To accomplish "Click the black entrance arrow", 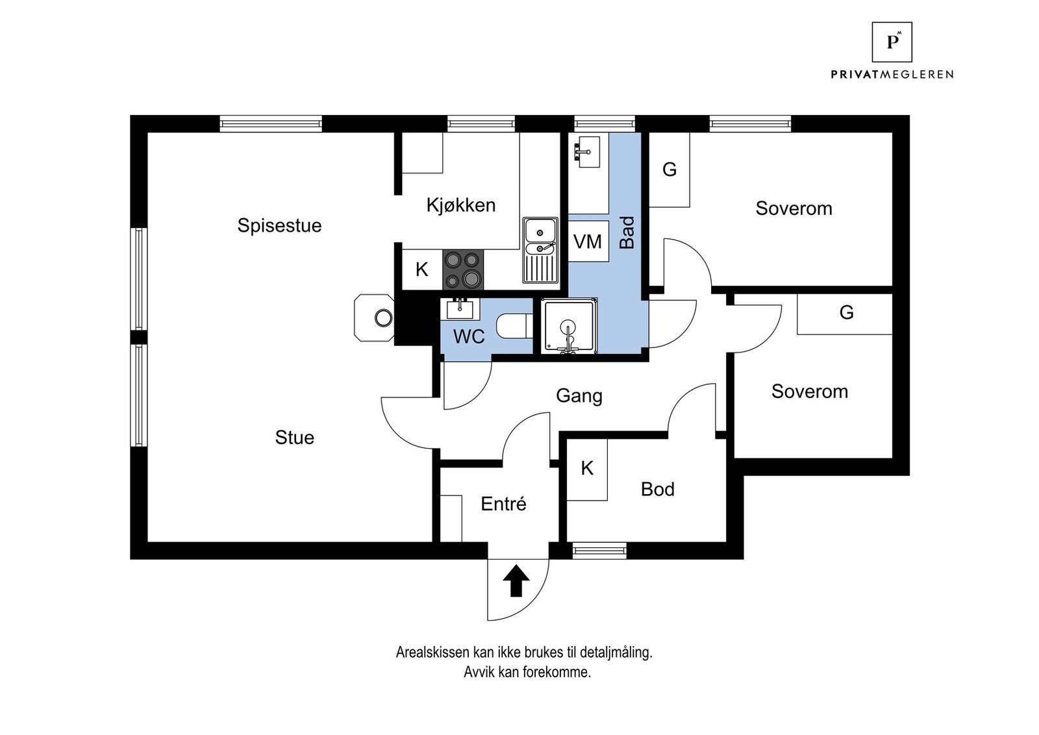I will [516, 580].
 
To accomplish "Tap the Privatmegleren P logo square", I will [892, 42].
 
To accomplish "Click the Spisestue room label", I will [279, 225].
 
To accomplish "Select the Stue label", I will [294, 438].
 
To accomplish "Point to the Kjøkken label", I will [460, 205].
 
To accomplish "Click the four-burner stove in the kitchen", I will [463, 269].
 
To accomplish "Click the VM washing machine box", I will [588, 242].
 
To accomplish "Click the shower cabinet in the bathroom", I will [569, 327].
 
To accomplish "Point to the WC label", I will [469, 336].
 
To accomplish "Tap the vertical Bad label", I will [627, 232].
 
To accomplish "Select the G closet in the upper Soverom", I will [670, 169].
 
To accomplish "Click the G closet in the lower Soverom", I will [845, 313].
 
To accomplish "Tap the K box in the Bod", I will [587, 468].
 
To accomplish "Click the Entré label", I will [503, 504].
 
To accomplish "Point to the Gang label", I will [579, 395].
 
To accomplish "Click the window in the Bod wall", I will [599, 551].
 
